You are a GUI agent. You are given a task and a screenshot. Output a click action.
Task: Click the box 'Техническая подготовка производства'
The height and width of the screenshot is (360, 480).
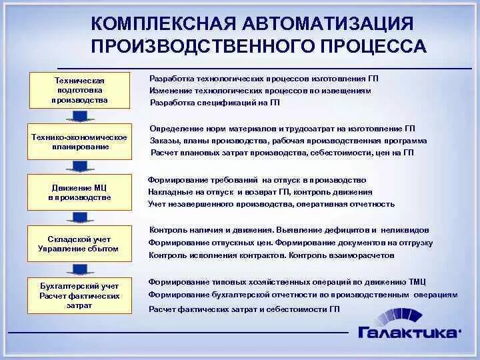pos(79,90)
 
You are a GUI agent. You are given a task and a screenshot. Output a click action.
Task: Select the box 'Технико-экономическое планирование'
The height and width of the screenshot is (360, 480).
pos(79,141)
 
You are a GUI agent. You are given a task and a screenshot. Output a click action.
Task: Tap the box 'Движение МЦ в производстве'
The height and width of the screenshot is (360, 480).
pos(79,193)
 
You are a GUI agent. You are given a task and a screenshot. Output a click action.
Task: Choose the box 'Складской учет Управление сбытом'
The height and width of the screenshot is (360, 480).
pos(79,244)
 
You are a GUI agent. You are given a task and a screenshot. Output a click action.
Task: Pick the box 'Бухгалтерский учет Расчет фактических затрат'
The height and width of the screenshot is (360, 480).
pos(79,295)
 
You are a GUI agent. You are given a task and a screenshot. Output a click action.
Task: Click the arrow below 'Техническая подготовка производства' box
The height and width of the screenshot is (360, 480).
pos(79,117)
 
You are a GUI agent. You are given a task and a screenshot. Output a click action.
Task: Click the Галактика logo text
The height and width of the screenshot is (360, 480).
pos(409,331)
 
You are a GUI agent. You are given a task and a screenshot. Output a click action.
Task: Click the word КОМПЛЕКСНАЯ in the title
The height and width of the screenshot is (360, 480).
pos(160,24)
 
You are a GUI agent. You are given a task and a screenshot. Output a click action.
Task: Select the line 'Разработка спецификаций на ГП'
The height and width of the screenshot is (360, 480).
pos(214,103)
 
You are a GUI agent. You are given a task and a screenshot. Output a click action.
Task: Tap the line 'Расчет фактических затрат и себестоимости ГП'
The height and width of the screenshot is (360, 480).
pos(244,309)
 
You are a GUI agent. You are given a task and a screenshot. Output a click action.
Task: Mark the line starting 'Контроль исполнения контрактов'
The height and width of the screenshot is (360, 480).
pos(271,255)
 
